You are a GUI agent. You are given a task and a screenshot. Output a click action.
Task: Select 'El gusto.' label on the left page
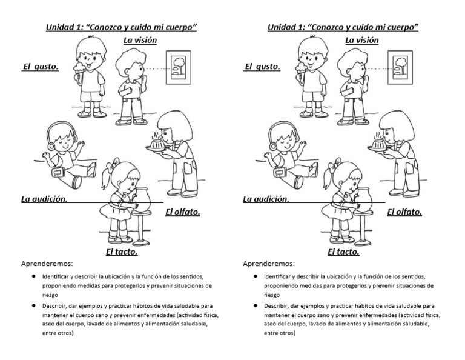41,67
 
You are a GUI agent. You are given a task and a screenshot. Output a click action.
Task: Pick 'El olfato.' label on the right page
404,212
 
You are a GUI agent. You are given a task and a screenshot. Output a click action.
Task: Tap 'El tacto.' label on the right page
343,252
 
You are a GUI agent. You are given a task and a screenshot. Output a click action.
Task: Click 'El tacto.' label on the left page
122,252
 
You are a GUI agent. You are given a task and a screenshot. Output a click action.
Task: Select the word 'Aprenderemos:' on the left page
47,264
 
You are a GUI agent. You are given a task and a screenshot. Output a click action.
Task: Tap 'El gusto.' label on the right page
262,67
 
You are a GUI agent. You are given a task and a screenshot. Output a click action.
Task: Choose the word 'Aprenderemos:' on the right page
268,264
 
